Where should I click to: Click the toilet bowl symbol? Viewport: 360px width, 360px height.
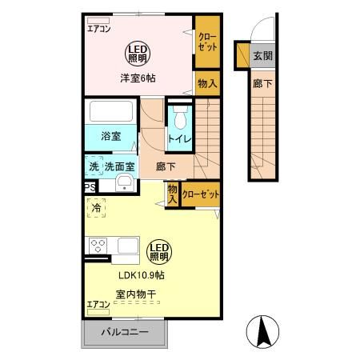[180, 118]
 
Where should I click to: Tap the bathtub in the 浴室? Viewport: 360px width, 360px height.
[111, 111]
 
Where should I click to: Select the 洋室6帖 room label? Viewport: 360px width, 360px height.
[138, 78]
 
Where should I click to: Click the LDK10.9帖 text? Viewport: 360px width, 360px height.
[142, 275]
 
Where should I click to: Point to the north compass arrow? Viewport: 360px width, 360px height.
[262, 331]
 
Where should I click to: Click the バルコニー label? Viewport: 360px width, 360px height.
[125, 332]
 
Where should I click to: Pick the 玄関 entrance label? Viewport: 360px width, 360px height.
[262, 56]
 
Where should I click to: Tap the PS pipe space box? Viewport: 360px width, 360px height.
[90, 186]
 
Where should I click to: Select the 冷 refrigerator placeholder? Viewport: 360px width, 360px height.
[96, 208]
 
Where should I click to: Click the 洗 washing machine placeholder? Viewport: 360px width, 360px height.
[94, 166]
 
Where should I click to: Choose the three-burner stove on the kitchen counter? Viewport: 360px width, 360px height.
[98, 246]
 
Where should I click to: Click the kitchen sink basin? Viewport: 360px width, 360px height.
[128, 246]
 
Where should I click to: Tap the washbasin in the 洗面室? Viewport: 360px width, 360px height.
[124, 183]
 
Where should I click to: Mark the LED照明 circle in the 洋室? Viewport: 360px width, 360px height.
[138, 54]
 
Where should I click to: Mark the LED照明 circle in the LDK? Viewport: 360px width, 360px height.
[159, 252]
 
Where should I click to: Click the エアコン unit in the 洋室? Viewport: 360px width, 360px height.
[98, 21]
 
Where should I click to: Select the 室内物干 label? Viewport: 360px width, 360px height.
[136, 294]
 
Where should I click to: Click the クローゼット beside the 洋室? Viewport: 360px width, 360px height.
[207, 42]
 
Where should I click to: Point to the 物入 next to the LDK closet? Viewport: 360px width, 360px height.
[173, 194]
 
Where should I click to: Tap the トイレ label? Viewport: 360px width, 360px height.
[180, 139]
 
